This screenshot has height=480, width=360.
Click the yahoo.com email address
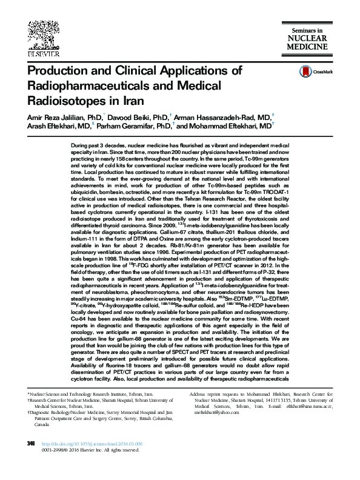(x=212, y=429)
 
